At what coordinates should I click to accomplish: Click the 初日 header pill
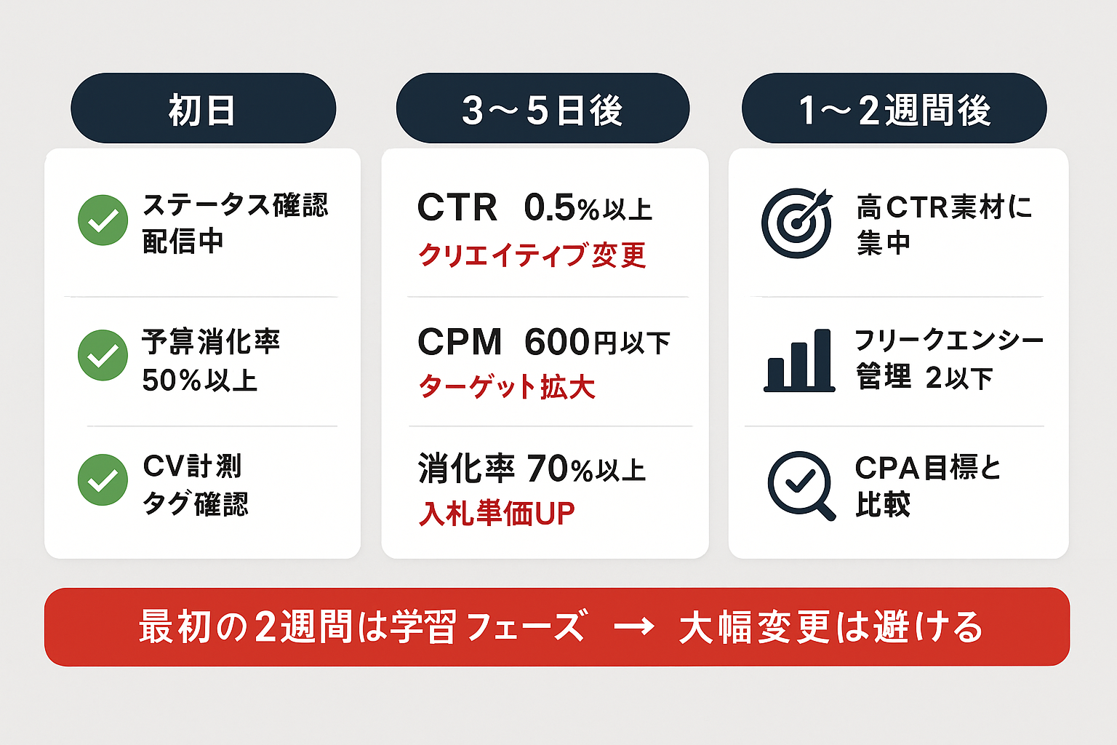[x=203, y=108]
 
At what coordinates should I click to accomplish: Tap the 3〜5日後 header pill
[x=543, y=108]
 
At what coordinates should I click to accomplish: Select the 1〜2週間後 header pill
[x=894, y=108]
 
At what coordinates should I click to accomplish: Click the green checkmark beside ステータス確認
[x=103, y=220]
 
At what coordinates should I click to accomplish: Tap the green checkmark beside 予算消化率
[x=103, y=355]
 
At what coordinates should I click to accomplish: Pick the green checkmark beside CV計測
[x=103, y=479]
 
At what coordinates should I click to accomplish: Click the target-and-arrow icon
[x=797, y=222]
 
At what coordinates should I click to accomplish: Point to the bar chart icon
[x=799, y=360]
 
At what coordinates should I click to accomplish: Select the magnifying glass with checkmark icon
[x=801, y=485]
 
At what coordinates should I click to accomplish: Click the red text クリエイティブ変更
[x=532, y=255]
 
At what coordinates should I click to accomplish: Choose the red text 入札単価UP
[x=497, y=514]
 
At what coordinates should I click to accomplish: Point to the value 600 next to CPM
[x=557, y=342]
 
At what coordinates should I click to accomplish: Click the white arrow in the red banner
[x=633, y=626]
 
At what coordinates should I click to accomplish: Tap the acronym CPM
[x=460, y=342]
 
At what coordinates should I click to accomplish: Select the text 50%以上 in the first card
[x=200, y=381]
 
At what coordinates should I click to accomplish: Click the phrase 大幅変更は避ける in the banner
[x=830, y=627]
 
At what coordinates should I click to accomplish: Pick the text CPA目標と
[x=928, y=468]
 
